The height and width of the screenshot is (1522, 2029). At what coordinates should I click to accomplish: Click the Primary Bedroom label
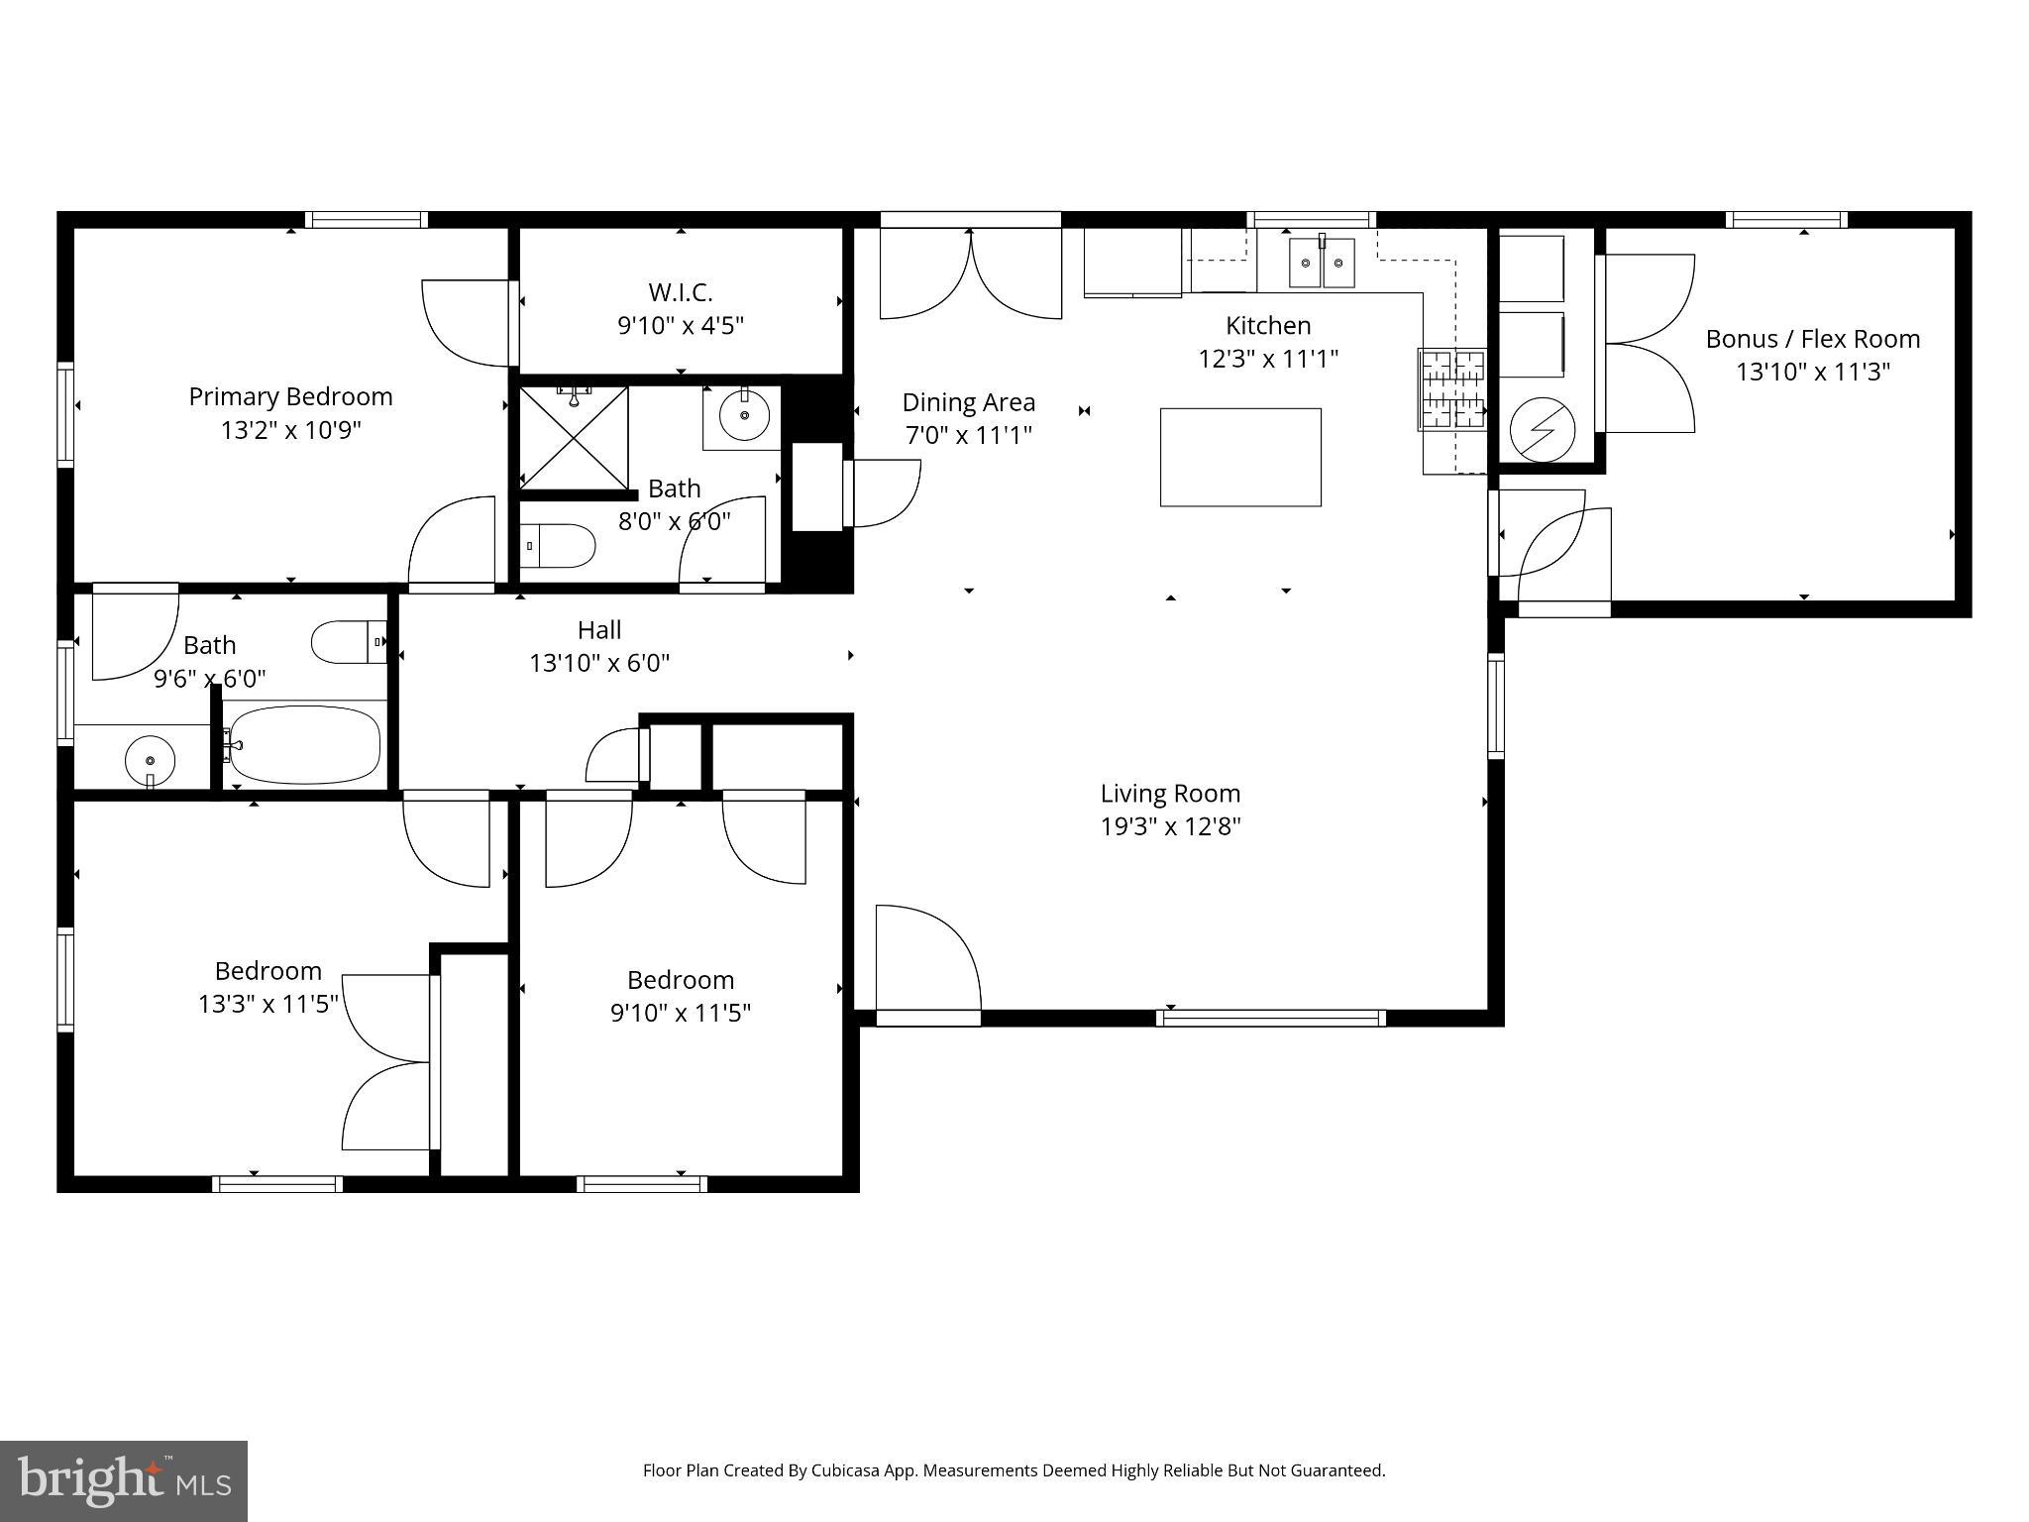[x=290, y=396]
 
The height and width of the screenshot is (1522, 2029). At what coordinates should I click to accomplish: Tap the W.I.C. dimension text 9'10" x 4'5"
[x=681, y=325]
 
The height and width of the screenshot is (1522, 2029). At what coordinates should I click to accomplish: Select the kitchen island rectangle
[x=1240, y=457]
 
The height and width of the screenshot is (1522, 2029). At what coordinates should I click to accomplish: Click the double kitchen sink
[x=1322, y=263]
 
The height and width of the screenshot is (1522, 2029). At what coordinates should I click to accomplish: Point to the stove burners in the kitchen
[x=1452, y=389]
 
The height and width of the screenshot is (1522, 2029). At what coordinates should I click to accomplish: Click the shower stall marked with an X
[x=574, y=437]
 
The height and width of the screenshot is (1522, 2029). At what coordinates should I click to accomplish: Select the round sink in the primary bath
[x=744, y=415]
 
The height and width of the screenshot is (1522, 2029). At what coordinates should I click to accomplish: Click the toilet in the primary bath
[x=557, y=546]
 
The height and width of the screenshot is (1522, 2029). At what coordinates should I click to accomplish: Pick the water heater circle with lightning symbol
[x=1543, y=430]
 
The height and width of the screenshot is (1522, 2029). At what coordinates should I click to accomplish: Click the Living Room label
[x=1170, y=793]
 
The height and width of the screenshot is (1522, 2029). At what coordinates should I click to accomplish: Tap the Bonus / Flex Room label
[x=1812, y=339]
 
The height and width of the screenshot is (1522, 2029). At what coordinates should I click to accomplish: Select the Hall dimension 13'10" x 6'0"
[x=599, y=663]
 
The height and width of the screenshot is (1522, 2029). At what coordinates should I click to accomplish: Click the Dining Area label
[x=968, y=402]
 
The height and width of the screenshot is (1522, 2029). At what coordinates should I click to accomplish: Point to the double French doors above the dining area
[x=970, y=272]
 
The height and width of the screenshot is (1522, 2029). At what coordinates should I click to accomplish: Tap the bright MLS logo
[x=123, y=1480]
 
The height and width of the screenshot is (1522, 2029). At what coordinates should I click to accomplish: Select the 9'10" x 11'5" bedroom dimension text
[x=681, y=1013]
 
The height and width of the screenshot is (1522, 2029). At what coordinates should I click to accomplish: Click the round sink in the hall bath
[x=150, y=760]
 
